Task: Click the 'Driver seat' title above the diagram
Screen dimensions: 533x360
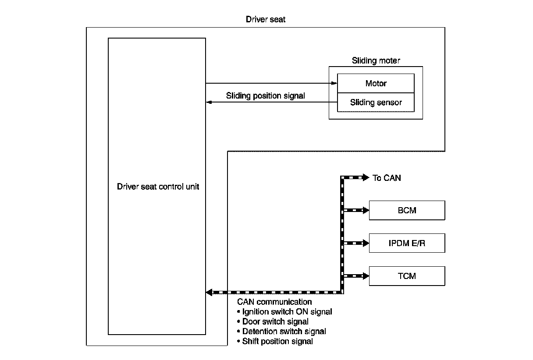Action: tap(266, 19)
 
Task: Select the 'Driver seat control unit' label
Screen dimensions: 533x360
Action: tap(158, 187)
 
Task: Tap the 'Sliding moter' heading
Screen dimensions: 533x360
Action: tap(376, 60)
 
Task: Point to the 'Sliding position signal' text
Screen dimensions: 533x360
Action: tap(265, 95)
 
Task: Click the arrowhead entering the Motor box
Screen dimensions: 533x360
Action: tap(334, 83)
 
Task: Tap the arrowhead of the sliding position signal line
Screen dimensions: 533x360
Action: tap(209, 102)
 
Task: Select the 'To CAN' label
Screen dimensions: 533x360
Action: tap(387, 178)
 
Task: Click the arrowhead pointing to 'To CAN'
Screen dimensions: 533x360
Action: tap(366, 178)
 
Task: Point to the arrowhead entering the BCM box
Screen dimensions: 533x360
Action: tap(366, 210)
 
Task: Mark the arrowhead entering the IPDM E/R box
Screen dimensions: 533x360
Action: tap(366, 243)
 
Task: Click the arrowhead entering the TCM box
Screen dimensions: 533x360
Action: tap(366, 276)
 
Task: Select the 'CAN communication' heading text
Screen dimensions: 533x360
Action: tap(274, 302)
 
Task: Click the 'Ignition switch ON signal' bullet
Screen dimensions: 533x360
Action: tap(284, 312)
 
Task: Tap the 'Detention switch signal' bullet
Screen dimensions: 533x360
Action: tap(281, 331)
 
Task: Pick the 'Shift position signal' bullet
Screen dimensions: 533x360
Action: tap(275, 341)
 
